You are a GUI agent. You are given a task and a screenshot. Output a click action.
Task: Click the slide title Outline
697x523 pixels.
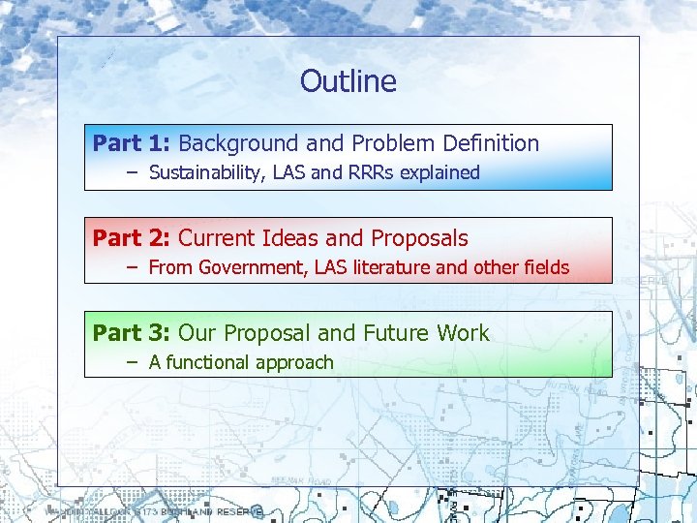(348, 80)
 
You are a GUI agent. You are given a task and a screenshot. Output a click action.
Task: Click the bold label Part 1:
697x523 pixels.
(132, 143)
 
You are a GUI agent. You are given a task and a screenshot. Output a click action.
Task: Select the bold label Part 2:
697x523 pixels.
(132, 238)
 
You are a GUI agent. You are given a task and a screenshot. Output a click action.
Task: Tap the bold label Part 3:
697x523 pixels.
(132, 333)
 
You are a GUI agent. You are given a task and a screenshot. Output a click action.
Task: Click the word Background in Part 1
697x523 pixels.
(238, 143)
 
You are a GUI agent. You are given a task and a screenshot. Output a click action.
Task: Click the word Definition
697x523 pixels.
(491, 143)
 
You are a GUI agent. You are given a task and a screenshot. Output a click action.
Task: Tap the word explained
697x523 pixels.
(444, 173)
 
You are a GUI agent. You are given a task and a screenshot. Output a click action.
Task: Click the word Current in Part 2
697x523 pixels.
(219, 238)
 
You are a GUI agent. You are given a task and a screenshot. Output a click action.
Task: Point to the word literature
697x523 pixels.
(395, 268)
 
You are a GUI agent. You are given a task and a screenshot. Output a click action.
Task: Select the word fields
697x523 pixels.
(545, 268)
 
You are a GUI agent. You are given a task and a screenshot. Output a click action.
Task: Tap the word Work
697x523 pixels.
(463, 333)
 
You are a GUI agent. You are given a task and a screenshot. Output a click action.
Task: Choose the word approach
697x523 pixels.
(294, 363)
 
